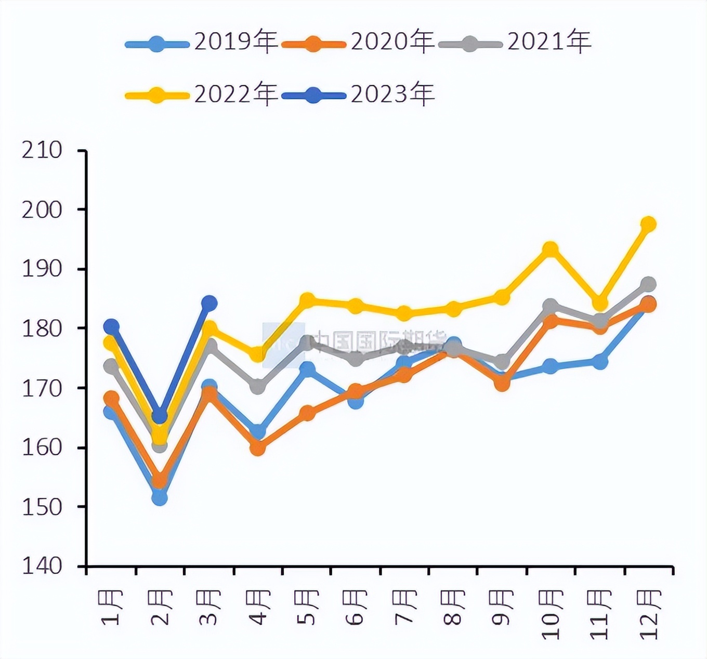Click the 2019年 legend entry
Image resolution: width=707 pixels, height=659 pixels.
pyautogui.click(x=203, y=42)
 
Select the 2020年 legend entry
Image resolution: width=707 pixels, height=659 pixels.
pyautogui.click(x=359, y=42)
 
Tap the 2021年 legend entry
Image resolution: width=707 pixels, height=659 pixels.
pyautogui.click(x=515, y=42)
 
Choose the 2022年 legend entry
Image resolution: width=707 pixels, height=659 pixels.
pyautogui.click(x=203, y=95)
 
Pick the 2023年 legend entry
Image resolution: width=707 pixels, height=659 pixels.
pyautogui.click(x=359, y=95)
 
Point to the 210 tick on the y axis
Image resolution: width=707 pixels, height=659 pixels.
pyautogui.click(x=42, y=151)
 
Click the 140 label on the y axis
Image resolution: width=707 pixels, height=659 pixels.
pyautogui.click(x=42, y=565)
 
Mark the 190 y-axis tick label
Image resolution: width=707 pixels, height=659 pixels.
pyautogui.click(x=42, y=269)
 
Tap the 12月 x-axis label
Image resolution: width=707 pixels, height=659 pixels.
pyautogui.click(x=650, y=613)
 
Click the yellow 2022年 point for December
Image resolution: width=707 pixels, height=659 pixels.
pyautogui.click(x=648, y=224)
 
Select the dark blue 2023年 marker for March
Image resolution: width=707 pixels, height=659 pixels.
pyautogui.click(x=209, y=303)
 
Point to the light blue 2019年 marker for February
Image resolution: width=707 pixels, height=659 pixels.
pyautogui.click(x=160, y=497)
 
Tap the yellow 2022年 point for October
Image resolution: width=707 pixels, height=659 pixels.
pyautogui.click(x=551, y=249)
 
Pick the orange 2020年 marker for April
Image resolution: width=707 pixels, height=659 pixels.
pyautogui.click(x=258, y=447)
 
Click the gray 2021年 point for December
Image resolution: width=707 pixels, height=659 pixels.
pyautogui.click(x=648, y=284)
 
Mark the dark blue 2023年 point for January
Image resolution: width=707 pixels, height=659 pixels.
pyautogui.click(x=111, y=326)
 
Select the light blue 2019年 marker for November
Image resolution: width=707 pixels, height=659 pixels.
pyautogui.click(x=600, y=361)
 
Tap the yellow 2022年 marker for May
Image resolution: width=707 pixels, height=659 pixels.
pyautogui.click(x=307, y=300)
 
